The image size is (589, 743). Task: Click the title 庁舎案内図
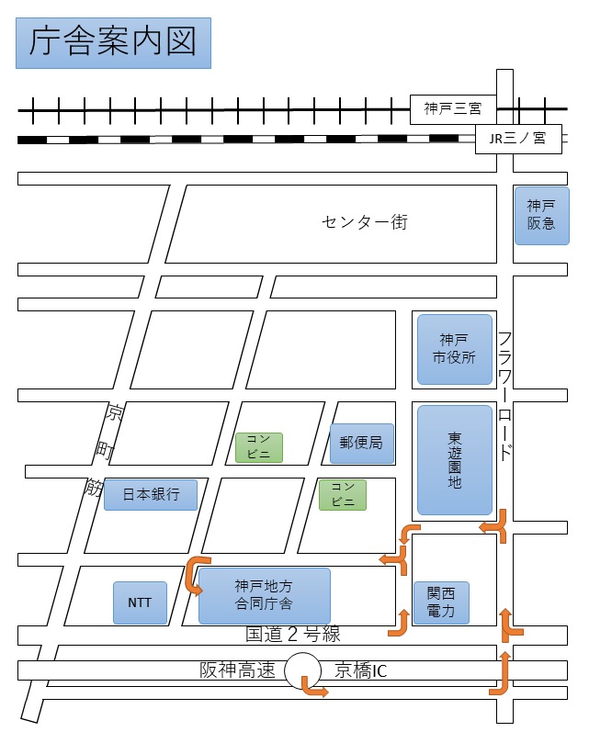(113, 42)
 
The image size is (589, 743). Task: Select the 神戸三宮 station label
(453, 108)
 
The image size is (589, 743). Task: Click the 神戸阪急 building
(541, 214)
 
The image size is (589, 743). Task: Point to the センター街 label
(364, 222)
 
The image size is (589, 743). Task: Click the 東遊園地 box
(455, 459)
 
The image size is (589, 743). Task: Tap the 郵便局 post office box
(361, 444)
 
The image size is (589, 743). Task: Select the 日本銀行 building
(150, 495)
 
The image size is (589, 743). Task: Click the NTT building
(140, 602)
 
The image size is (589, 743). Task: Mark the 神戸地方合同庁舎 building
(264, 595)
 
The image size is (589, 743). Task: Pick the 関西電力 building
(441, 602)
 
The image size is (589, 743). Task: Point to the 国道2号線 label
(292, 635)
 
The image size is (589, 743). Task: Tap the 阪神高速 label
(237, 671)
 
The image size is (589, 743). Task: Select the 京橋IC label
(360, 671)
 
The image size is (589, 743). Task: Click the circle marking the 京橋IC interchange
(301, 671)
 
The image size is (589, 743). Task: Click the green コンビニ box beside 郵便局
(258, 447)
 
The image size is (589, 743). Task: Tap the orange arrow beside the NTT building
(196, 574)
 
